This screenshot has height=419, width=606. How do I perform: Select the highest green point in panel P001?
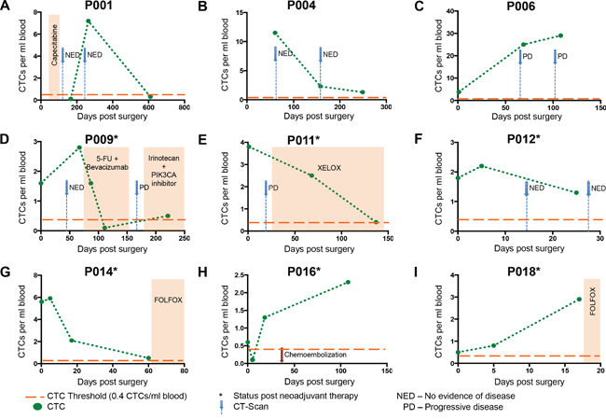[88, 21]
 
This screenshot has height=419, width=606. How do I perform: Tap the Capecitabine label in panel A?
[54, 56]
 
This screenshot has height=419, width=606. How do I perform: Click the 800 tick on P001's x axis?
[184, 108]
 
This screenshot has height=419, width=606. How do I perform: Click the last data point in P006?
[560, 35]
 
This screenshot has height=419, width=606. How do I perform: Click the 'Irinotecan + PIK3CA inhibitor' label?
[163, 169]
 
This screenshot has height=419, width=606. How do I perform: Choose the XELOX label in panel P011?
[327, 167]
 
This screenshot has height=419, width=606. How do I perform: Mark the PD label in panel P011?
[275, 189]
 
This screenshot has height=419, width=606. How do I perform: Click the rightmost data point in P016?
[348, 283]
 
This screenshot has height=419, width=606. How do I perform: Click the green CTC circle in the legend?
[34, 406]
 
